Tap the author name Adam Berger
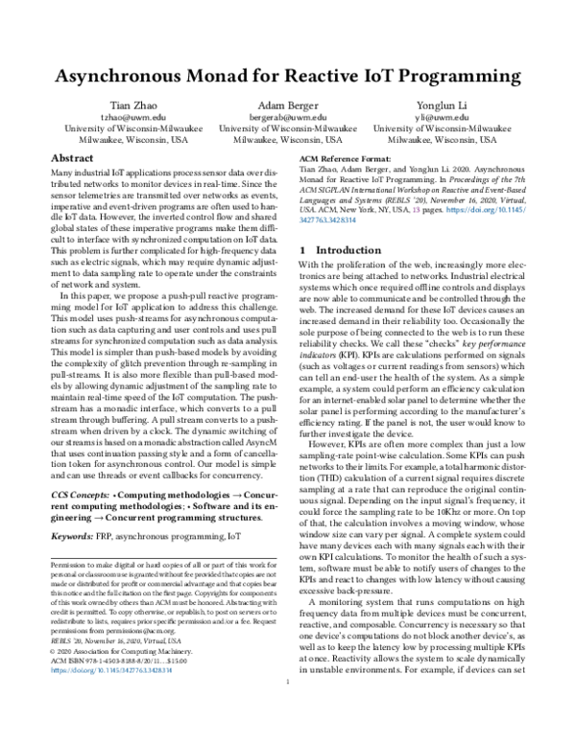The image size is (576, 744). tap(287, 104)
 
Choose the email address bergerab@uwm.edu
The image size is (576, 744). tap(287, 116)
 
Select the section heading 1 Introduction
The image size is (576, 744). tap(341, 249)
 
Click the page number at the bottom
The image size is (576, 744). tap(288, 734)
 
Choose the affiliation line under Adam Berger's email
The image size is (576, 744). tap(287, 128)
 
